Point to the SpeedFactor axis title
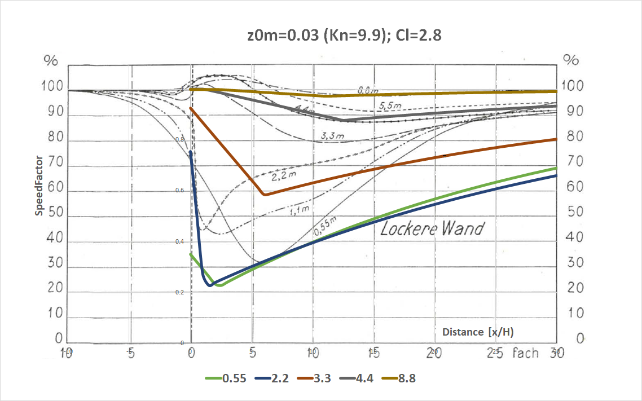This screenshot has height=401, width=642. (39, 187)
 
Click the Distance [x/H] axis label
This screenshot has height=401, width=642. (478, 332)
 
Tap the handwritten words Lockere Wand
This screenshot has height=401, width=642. (432, 229)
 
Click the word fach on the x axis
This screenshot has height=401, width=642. (525, 354)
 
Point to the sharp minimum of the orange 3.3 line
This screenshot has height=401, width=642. (264, 195)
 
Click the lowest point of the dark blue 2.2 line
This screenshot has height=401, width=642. (210, 285)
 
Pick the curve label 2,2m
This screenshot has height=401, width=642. (284, 177)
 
